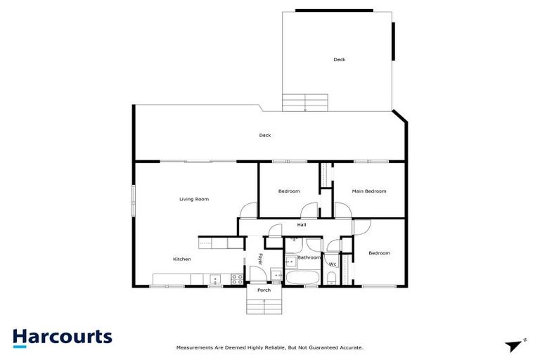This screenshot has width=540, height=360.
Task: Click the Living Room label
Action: coord(194,200)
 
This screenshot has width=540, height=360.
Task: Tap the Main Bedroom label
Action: coord(369,191)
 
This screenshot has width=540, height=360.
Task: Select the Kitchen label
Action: coord(182,259)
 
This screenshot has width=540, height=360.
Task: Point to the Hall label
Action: coord(301,225)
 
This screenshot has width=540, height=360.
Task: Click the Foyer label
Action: coord(261,260)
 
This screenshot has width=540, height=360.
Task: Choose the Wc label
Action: coord(333,264)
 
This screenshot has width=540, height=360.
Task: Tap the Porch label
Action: coord(264,290)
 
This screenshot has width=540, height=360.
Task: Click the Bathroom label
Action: coord(309,258)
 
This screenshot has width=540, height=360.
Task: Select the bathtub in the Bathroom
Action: coord(302,278)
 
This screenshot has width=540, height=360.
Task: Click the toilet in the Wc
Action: coord(333,277)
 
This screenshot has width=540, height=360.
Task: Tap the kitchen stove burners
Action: coord(237,278)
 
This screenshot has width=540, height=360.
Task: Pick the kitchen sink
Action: coord(214,279)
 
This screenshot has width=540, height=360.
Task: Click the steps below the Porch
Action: coord(264,306)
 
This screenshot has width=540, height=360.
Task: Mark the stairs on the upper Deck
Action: coord(304,103)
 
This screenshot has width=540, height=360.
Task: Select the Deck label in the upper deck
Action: coord(340,60)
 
